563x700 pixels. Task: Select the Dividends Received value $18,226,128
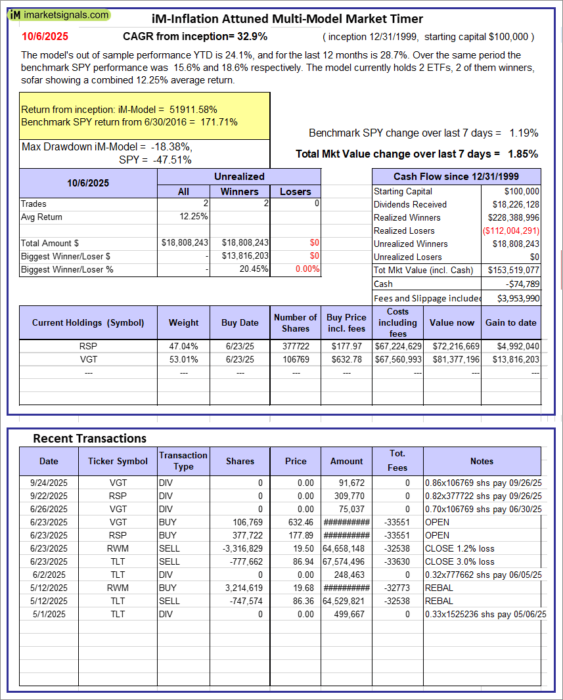tap(512, 204)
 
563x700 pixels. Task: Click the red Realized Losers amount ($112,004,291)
tap(511, 230)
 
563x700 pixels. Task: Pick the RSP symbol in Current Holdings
tap(89, 346)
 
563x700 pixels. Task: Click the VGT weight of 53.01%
tap(184, 359)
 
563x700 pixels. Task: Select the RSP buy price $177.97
tap(347, 346)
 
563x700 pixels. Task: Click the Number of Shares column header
tap(296, 322)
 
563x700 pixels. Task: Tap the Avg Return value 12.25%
tap(194, 217)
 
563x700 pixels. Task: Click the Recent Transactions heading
tap(89, 438)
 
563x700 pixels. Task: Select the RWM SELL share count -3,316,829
tap(240, 548)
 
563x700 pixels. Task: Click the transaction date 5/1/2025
tap(49, 614)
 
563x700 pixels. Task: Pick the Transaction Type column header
tap(183, 461)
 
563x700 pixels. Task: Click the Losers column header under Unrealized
tap(296, 191)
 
